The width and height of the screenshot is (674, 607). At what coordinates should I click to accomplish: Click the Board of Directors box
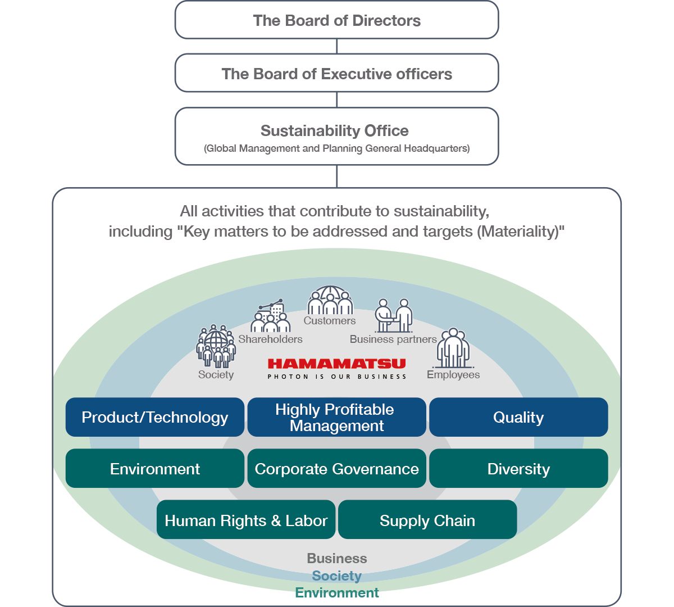point(336,20)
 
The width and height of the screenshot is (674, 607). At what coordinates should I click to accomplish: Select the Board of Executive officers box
point(336,74)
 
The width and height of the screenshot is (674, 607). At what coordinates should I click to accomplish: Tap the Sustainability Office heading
point(335,131)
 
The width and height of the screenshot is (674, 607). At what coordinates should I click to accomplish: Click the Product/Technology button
point(155,417)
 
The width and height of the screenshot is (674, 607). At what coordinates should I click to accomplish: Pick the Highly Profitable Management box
point(336,417)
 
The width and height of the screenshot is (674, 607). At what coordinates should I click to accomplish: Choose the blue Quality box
point(518,417)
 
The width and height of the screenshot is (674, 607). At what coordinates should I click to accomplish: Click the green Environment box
point(155,469)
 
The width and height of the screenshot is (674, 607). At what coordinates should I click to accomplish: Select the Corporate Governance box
point(336,469)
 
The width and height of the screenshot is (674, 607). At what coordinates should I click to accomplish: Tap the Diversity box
point(518,469)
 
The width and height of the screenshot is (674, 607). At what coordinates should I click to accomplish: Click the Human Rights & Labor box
point(246,520)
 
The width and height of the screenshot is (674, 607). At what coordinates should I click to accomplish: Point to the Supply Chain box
point(427,520)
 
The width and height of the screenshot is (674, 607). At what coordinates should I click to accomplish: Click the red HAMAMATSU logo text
point(336,364)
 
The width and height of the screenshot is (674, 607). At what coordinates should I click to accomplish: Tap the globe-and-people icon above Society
point(216,346)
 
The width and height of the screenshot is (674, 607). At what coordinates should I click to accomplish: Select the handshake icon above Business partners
point(394,316)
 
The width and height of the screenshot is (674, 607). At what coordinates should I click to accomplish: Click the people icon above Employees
point(453,348)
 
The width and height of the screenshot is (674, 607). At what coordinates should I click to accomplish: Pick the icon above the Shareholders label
point(271,316)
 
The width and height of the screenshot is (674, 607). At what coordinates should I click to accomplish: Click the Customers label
point(330,321)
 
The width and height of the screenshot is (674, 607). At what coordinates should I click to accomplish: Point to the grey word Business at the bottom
point(337,558)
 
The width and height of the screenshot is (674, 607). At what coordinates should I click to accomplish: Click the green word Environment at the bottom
point(337,593)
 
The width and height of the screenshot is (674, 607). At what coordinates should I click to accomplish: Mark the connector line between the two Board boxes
point(337,46)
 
